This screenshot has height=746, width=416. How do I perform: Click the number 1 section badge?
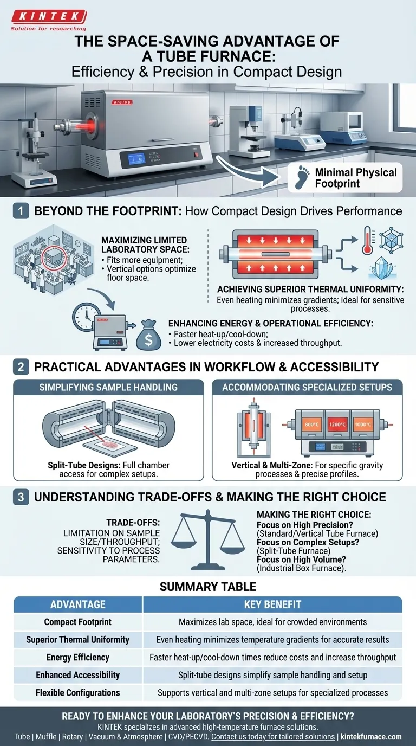(x=21, y=211)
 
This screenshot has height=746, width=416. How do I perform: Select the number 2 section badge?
(x=21, y=366)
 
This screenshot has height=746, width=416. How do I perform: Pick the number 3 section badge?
(x=21, y=497)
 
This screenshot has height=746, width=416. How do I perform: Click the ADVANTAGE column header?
(x=77, y=604)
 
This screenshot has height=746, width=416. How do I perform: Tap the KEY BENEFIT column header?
(x=272, y=604)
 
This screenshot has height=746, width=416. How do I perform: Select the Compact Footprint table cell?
(x=77, y=622)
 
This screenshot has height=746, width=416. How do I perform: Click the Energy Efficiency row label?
(x=77, y=657)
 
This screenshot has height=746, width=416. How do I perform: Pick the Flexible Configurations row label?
(x=77, y=692)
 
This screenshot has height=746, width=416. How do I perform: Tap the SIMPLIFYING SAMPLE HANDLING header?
(x=108, y=388)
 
